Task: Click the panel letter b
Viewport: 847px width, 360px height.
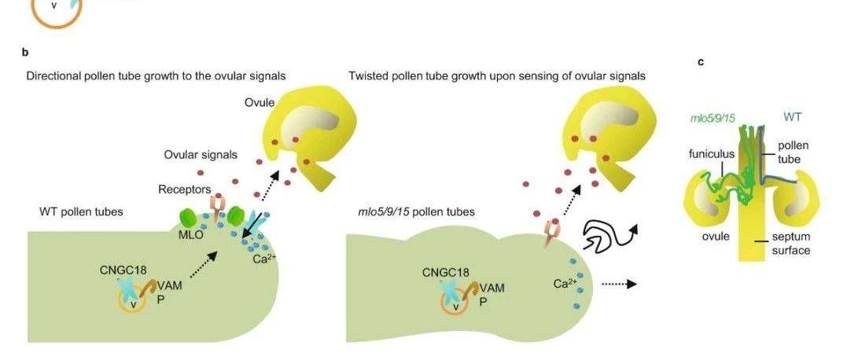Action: click(x=25, y=52)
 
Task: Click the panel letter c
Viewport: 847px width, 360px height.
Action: click(x=700, y=61)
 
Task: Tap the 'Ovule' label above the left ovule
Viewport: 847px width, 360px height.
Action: click(x=259, y=105)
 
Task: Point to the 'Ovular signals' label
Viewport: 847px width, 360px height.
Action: click(x=201, y=154)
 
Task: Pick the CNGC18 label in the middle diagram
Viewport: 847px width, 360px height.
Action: click(x=445, y=273)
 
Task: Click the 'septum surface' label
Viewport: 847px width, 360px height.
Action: click(x=790, y=244)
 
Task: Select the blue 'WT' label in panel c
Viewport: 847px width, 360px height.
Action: click(x=793, y=118)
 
